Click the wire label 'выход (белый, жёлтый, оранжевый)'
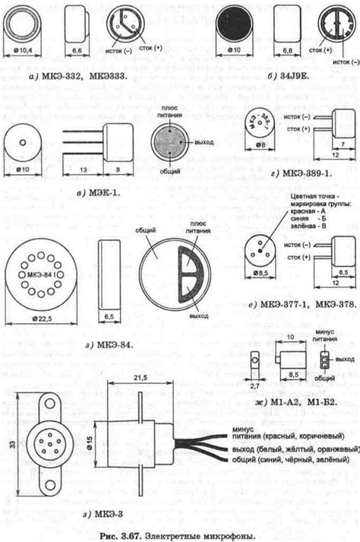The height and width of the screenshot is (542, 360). click(292, 450)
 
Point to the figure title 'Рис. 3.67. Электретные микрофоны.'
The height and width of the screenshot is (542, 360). click(179, 534)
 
